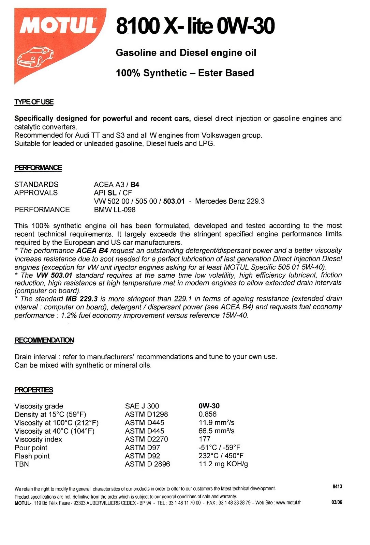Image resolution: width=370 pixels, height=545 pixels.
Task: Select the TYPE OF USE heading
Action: pos(34,102)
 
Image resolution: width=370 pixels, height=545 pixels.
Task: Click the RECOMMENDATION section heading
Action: pos(44,340)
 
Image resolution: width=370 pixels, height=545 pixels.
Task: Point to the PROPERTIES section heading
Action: pos(34,390)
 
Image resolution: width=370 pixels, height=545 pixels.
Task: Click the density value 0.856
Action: pos(207,414)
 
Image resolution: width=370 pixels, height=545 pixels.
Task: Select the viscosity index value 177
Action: pos(204,439)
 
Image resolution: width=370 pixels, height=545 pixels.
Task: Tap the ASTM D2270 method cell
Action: pos(146,439)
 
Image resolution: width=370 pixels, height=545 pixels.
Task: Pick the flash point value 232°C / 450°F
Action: pos(221,456)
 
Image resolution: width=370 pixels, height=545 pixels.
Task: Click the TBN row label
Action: pos(21,464)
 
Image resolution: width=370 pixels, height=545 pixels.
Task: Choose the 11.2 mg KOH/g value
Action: pos(223,464)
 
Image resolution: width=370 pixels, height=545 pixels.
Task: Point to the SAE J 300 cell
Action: pos(142,406)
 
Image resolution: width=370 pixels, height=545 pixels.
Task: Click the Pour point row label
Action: pos(31,448)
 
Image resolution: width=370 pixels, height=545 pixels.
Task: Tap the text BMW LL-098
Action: pos(115,209)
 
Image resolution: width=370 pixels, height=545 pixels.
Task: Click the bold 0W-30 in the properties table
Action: pos(209,406)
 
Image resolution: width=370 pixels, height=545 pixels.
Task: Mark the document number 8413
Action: pos(337,486)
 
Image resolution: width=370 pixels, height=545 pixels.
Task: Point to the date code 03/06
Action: pos(337,502)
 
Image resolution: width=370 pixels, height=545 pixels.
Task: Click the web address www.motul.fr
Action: pos(288,502)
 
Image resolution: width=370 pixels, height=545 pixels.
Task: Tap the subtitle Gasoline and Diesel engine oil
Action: pos(186,52)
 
